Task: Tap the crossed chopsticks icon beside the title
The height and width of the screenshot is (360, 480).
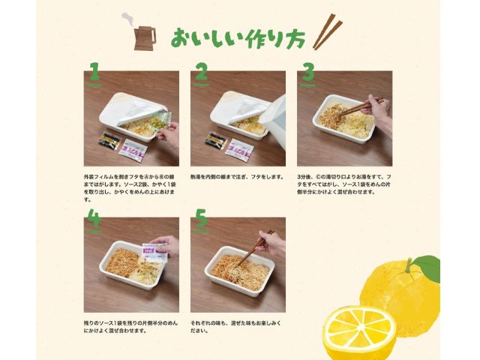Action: [x=327, y=31]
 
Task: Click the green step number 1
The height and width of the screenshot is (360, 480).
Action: [x=94, y=72]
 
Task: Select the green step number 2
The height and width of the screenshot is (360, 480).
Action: [x=200, y=72]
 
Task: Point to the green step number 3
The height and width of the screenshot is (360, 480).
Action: [x=307, y=72]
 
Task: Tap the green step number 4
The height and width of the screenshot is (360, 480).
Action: [x=94, y=217]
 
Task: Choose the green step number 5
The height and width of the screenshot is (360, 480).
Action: [x=200, y=217]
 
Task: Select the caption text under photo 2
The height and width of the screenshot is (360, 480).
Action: [x=236, y=177]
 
